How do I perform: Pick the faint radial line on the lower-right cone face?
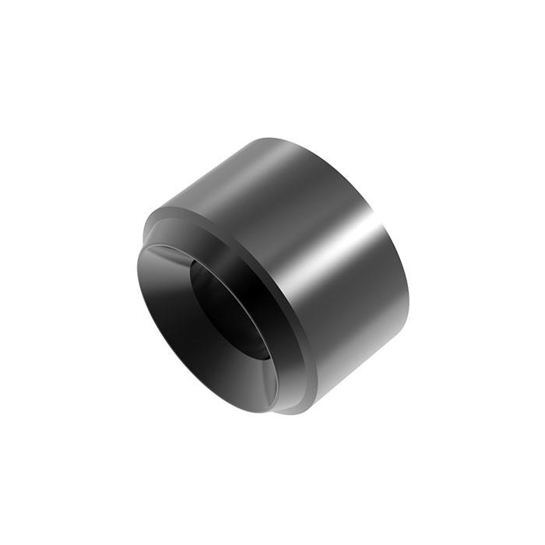point(269,381)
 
